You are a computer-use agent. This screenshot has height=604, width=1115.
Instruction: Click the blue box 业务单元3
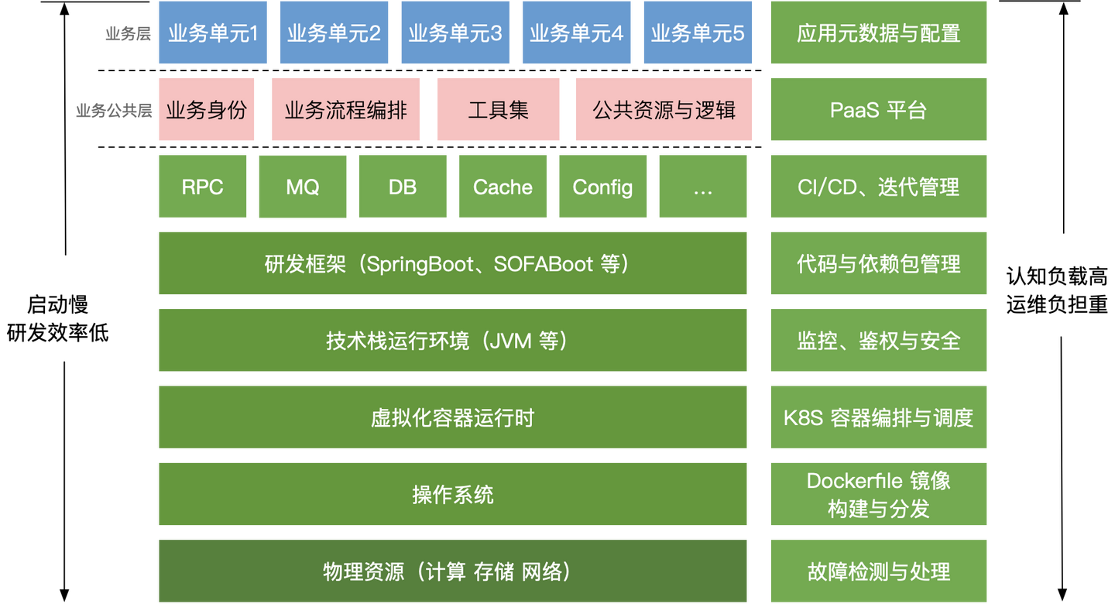pos(455,33)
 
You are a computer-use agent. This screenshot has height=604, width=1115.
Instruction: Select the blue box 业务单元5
pos(697,33)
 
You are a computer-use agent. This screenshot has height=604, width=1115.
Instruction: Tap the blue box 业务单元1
pos(213,33)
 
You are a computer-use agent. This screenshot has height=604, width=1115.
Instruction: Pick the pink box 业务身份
pos(206,110)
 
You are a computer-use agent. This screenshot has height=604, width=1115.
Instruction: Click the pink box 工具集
pos(498,110)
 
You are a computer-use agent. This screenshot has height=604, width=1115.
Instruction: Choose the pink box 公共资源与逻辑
pos(664,110)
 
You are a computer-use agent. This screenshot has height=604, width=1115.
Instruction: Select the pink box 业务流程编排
pos(345,110)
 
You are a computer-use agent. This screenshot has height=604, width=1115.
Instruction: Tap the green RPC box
pos(203,187)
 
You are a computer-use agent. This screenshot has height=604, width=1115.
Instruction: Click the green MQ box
pos(302,187)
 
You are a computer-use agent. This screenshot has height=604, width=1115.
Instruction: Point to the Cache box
pos(503,187)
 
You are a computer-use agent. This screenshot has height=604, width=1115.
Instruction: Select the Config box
pos(602,187)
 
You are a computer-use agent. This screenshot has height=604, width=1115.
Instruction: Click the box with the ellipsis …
pos(702,187)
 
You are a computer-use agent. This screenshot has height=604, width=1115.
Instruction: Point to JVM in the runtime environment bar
pos(510,341)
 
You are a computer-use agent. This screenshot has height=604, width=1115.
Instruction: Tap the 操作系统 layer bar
pos(452,494)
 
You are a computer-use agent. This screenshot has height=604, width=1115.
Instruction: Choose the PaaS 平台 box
pos(878,110)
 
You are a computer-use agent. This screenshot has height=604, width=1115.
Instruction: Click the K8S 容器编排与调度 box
pos(878,417)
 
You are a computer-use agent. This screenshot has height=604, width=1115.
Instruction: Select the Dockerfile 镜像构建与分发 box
pos(878,494)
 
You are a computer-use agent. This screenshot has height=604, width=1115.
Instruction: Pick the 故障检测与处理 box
pos(878,571)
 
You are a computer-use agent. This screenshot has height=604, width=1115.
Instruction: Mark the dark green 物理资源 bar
pos(452,571)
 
